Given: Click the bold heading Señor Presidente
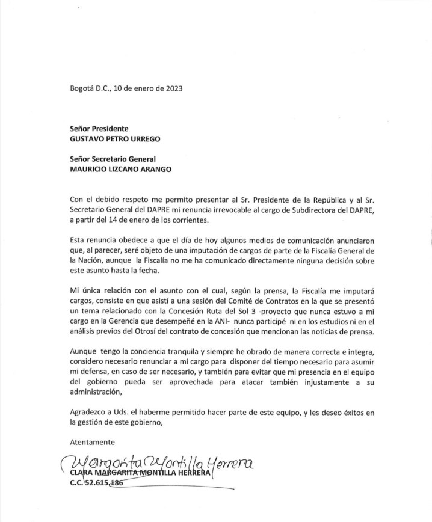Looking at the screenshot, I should coord(99,128).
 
